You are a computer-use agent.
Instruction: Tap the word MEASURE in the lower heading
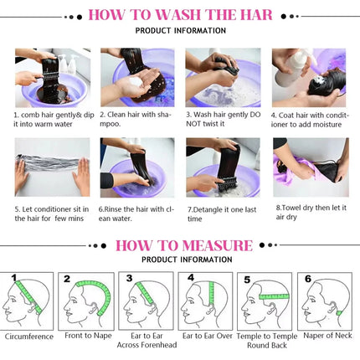click(218, 245)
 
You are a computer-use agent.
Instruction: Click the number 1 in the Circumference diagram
click(14, 277)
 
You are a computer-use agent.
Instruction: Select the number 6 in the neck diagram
click(308, 279)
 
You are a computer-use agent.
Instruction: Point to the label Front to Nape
click(88, 336)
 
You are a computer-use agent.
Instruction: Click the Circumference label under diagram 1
click(29, 337)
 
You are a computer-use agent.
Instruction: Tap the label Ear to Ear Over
click(208, 336)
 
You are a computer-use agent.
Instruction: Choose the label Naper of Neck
click(327, 336)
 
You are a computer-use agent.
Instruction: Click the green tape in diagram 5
click(275, 296)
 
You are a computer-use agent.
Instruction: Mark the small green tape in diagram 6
click(339, 313)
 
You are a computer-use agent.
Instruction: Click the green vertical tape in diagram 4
click(211, 293)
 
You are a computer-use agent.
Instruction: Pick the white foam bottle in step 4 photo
click(291, 69)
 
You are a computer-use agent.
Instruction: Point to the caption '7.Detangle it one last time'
click(222, 214)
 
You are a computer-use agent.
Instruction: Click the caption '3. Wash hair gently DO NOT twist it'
click(224, 119)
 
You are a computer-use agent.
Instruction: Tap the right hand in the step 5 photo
click(82, 176)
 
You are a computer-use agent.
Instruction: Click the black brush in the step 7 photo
click(227, 183)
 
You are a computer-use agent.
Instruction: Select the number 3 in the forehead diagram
click(129, 278)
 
